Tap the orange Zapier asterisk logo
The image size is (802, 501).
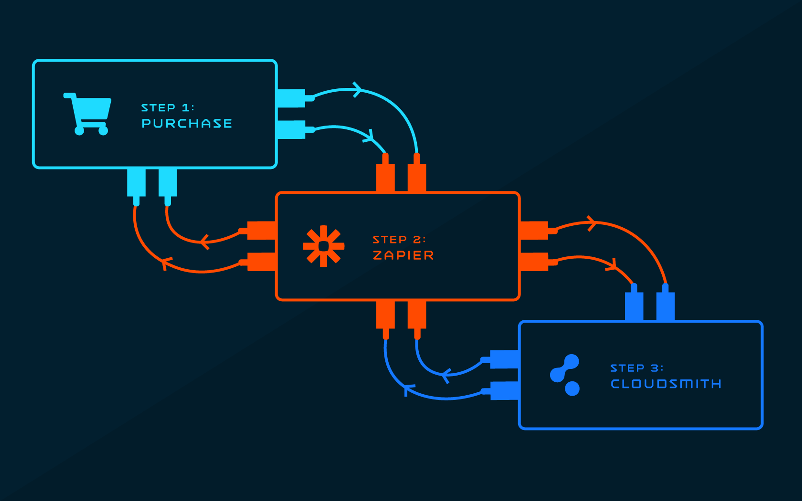point(324,246)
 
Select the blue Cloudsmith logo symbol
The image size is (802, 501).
point(565,375)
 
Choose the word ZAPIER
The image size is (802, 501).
point(403,255)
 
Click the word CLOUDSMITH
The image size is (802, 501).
point(666,384)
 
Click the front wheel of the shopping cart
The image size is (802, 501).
point(103,130)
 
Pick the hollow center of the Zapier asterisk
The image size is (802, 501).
point(324,246)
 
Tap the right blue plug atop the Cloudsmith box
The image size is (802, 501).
point(665,301)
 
